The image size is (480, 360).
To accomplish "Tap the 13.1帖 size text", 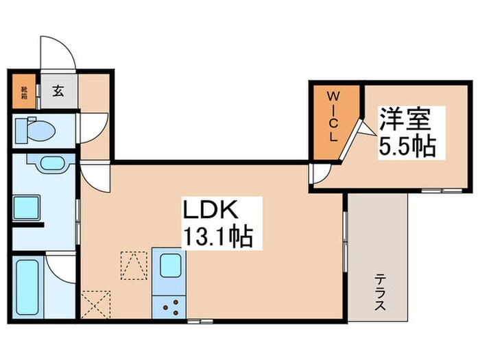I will (217, 237).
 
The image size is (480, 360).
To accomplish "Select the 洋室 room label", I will (405, 121).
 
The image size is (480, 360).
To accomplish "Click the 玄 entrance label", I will (59, 91).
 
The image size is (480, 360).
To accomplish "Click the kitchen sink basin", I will (167, 265).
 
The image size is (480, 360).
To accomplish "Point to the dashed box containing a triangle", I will (134, 265).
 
